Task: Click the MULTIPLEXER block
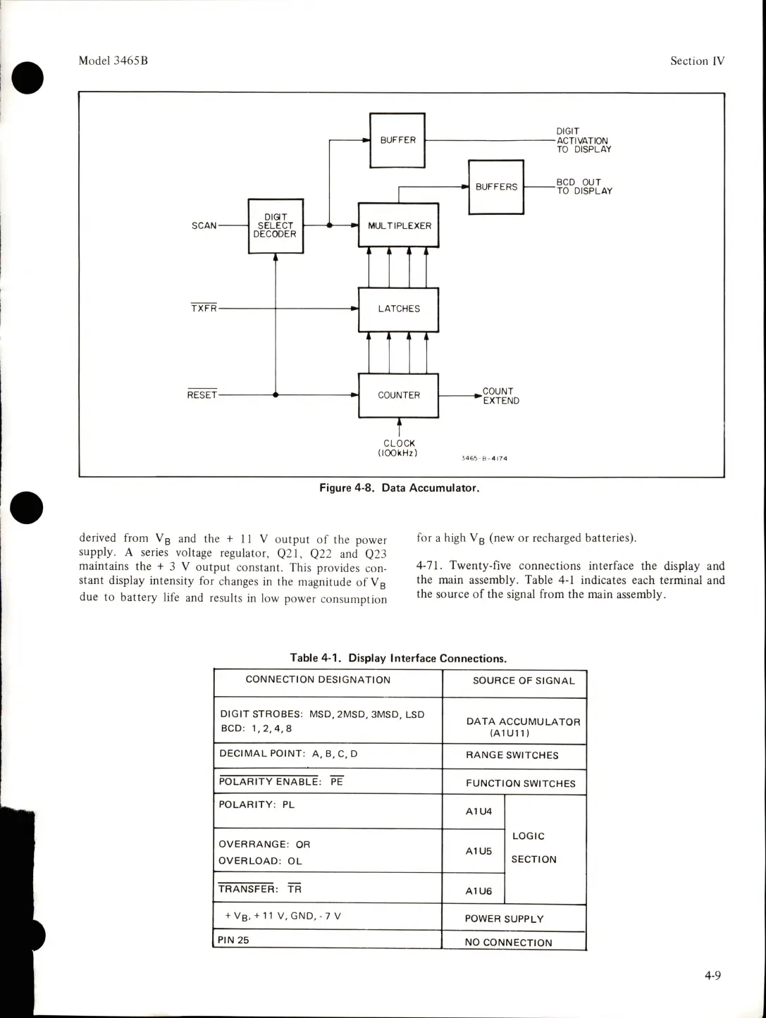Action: pyautogui.click(x=399, y=225)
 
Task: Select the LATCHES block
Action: pyautogui.click(x=399, y=309)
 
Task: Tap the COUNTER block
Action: pyautogui.click(x=399, y=395)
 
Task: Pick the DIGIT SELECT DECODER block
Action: pyautogui.click(x=276, y=225)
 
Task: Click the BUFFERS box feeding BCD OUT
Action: pyautogui.click(x=496, y=187)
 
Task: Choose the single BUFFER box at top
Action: pyautogui.click(x=397, y=140)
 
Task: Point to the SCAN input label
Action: pyautogui.click(x=204, y=226)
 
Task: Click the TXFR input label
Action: pyautogui.click(x=204, y=309)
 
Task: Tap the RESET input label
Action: pyautogui.click(x=202, y=395)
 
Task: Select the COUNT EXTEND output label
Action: pyautogui.click(x=501, y=396)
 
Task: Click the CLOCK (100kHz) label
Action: pyautogui.click(x=400, y=448)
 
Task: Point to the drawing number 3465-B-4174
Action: pyautogui.click(x=484, y=458)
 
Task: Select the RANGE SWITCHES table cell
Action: pyautogui.click(x=512, y=755)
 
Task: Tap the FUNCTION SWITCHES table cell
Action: pyautogui.click(x=520, y=783)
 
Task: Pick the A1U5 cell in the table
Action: pyautogui.click(x=479, y=851)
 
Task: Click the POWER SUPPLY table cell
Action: pyautogui.click(x=504, y=919)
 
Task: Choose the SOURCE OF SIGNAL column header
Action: pyautogui.click(x=524, y=681)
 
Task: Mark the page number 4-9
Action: pyautogui.click(x=712, y=976)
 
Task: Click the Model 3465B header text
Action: pyautogui.click(x=113, y=61)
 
